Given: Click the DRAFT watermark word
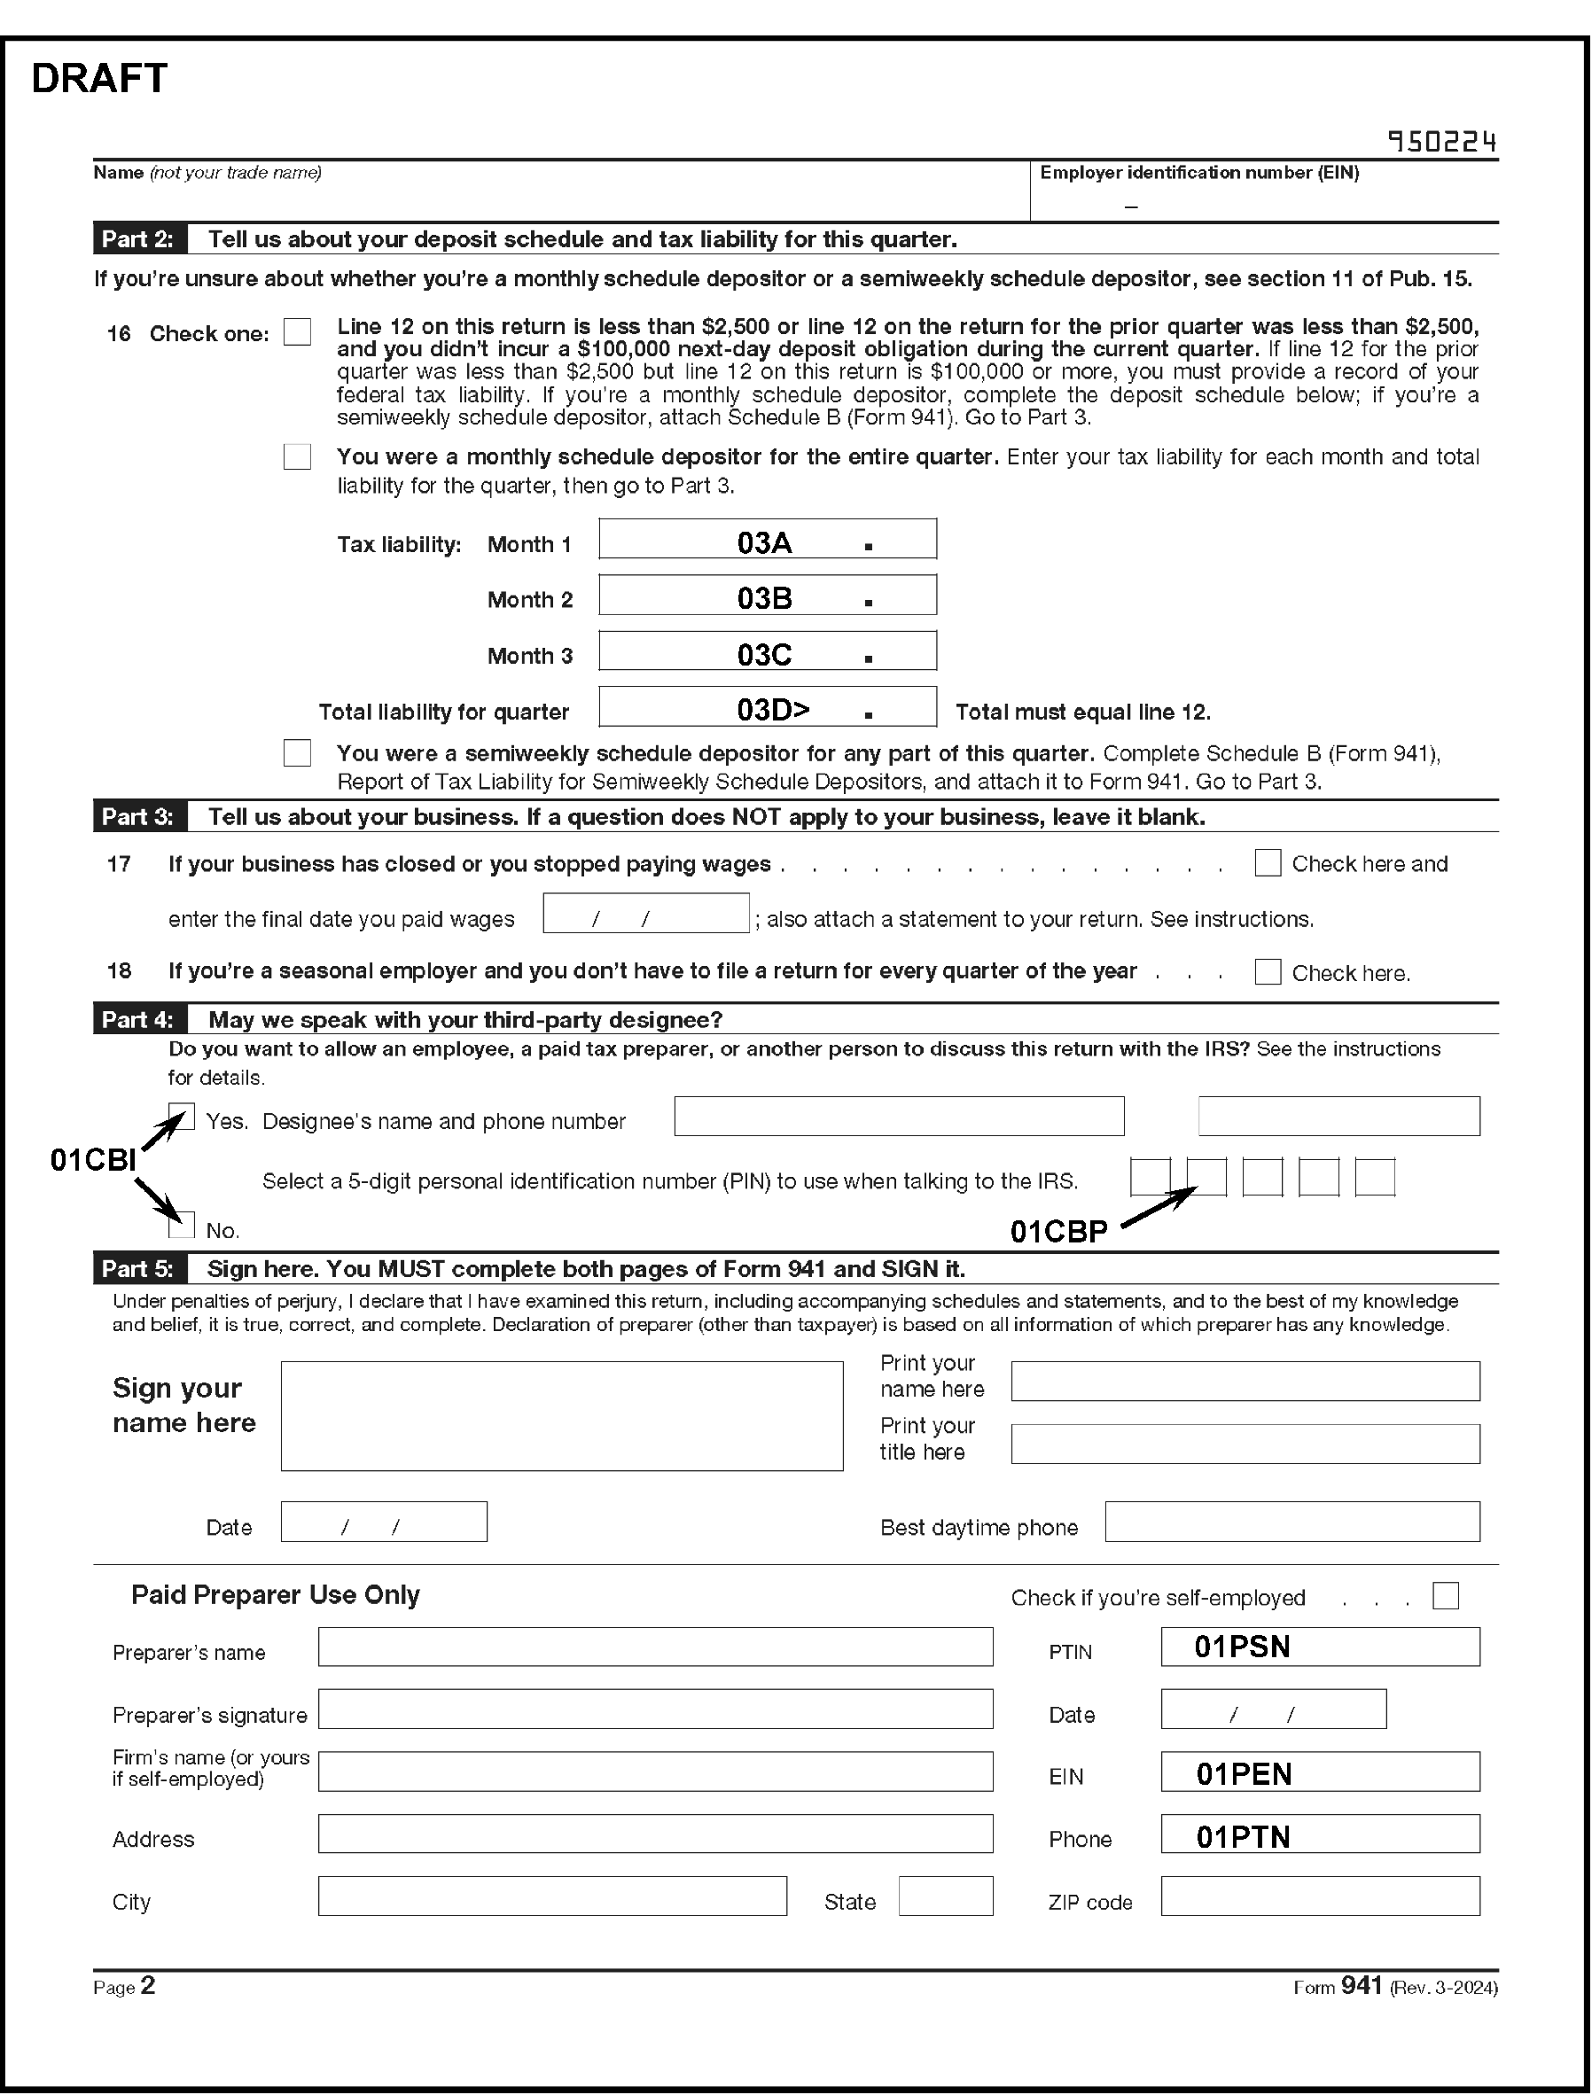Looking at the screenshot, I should point(99,79).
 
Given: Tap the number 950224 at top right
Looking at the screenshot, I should point(1441,142).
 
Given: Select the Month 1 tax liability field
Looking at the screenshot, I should point(768,539).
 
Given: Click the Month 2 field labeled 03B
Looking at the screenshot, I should point(768,595).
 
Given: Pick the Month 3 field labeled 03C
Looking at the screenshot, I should point(768,651).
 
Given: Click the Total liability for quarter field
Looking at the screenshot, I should point(768,707).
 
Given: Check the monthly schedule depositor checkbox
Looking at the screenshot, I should point(298,456).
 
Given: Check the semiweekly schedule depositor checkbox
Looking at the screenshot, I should point(298,753).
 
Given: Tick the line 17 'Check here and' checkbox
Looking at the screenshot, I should point(1267,863).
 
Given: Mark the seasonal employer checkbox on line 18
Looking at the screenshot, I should point(1267,972).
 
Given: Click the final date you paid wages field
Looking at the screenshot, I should point(645,914).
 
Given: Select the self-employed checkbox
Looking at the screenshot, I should point(1445,1597).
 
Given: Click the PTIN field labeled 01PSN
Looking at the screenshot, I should point(1319,1647).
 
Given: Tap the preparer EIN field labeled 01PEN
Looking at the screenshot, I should point(1319,1772).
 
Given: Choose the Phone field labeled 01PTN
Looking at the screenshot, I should point(1319,1834).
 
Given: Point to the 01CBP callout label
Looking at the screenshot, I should point(1058,1232).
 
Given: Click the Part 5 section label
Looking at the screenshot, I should point(138,1269).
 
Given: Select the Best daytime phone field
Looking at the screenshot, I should point(1292,1522).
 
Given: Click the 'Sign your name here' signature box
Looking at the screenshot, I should point(561,1416).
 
